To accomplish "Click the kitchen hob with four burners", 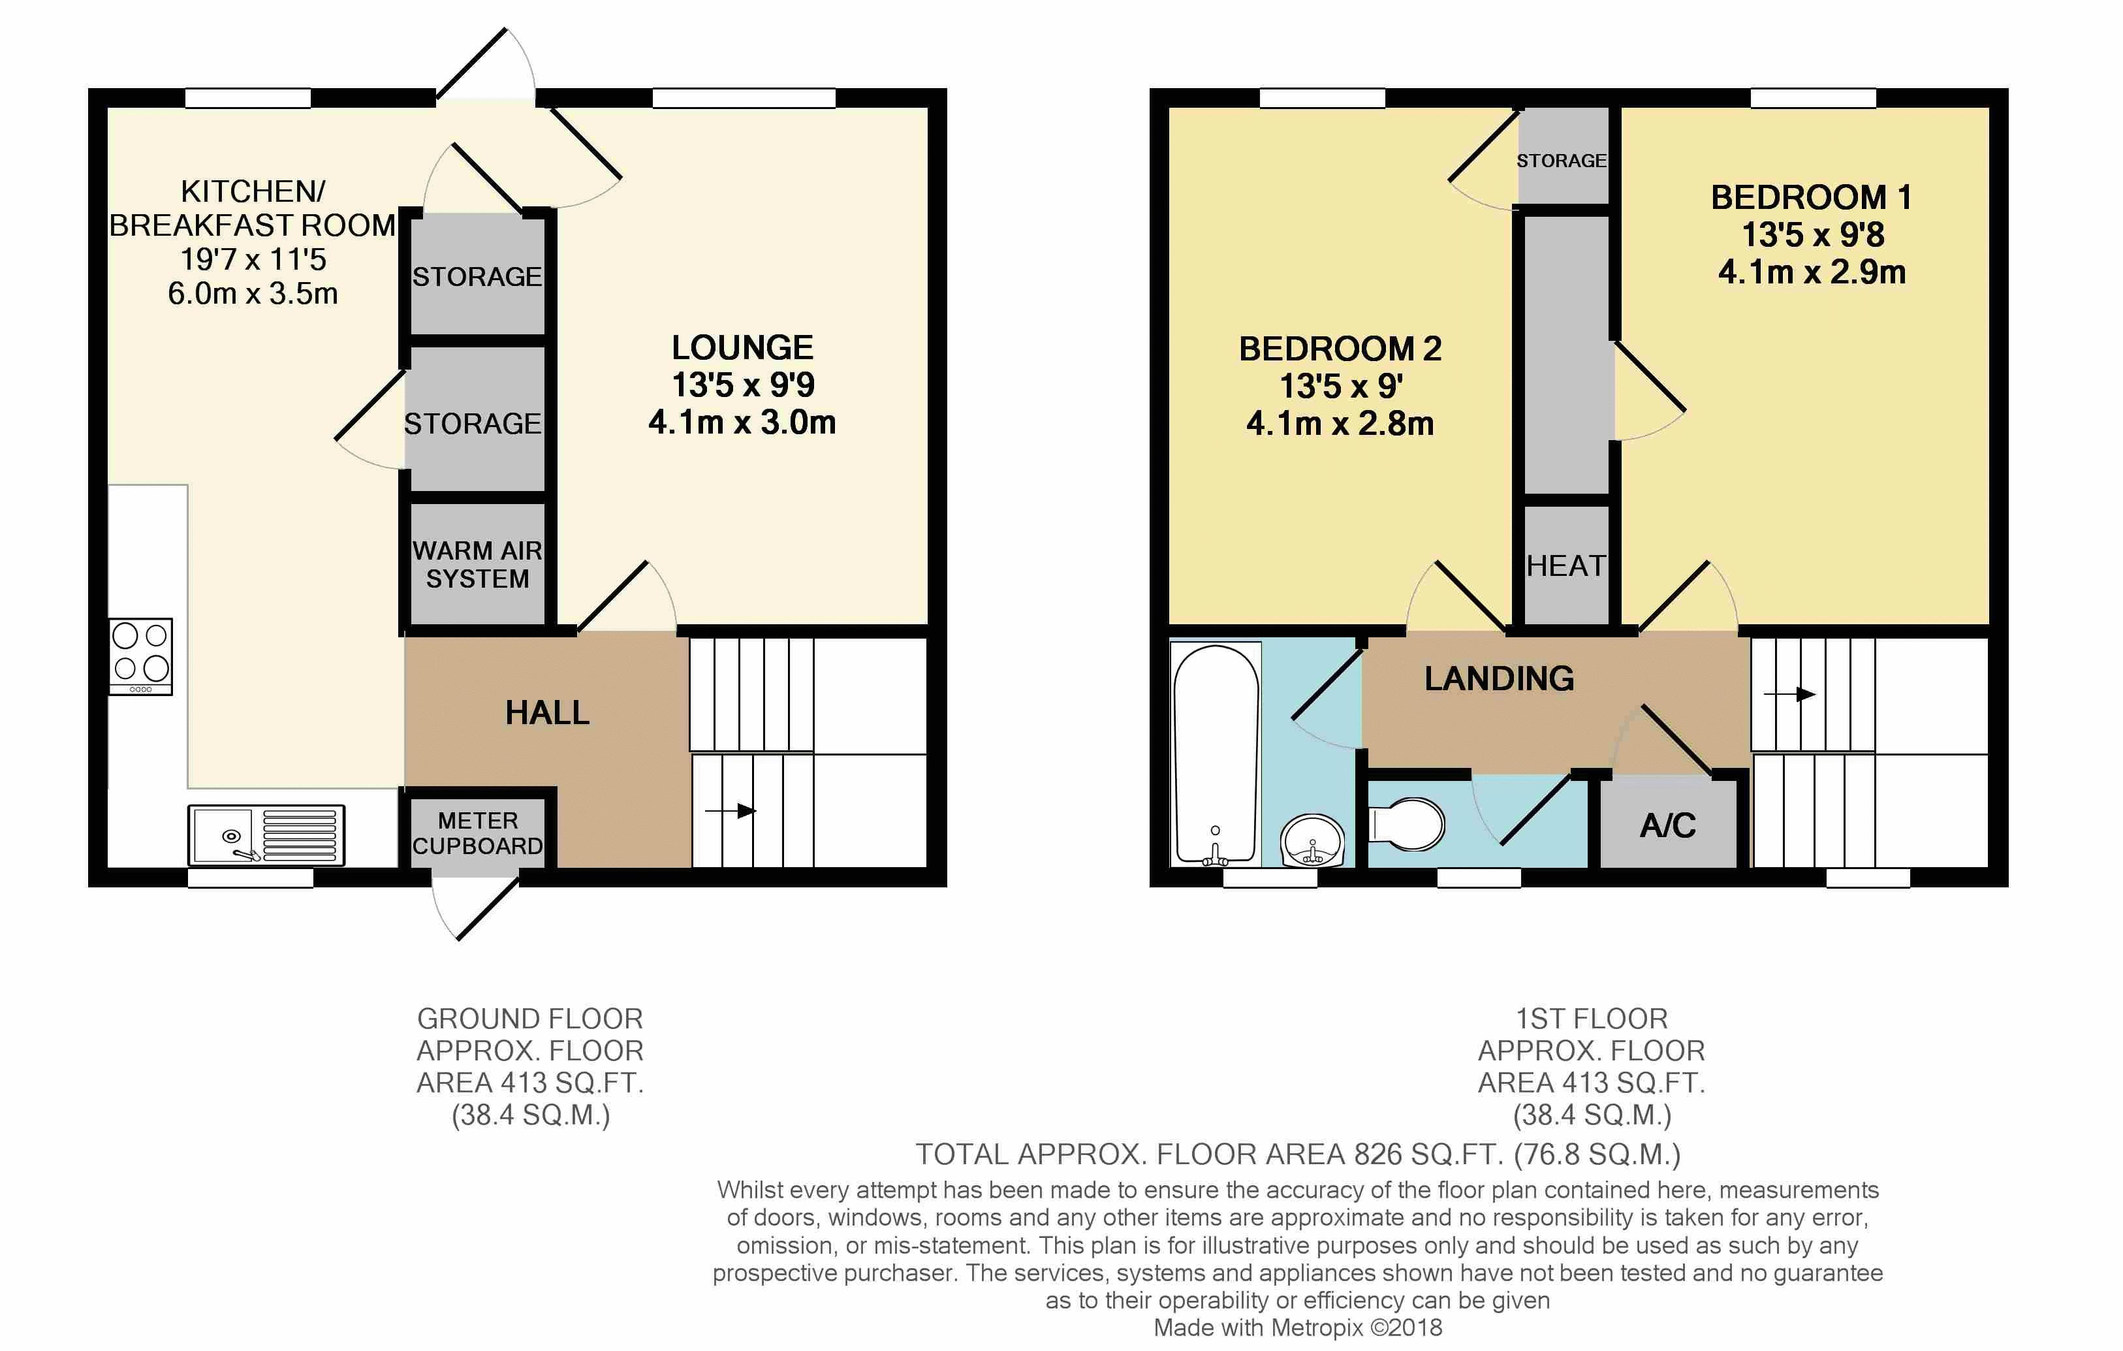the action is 141,656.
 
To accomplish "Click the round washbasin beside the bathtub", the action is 1313,840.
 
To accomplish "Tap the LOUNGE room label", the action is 742,347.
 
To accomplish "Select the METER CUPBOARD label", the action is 478,833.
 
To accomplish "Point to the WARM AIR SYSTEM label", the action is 478,564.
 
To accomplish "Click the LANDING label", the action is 1500,678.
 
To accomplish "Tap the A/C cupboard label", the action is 1668,825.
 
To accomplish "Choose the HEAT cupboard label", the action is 1565,565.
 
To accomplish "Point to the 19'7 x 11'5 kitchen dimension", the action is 253,259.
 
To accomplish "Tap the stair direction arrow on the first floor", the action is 1789,694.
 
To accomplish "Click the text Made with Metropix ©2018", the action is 1298,1327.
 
